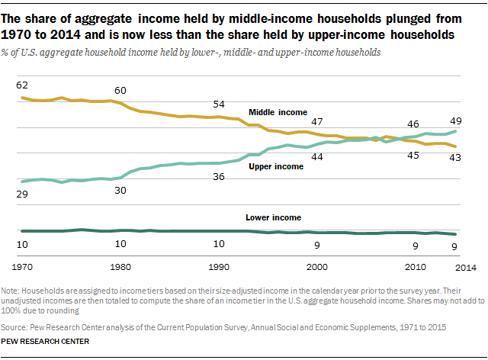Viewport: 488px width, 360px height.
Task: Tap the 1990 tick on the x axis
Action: pyautogui.click(x=219, y=267)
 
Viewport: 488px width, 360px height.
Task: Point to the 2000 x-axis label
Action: pyautogui.click(x=316, y=267)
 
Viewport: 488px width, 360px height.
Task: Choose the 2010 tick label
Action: pyautogui.click(x=415, y=267)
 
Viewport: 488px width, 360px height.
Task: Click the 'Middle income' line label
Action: pyautogui.click(x=278, y=112)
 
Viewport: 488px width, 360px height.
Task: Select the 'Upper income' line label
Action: pyautogui.click(x=276, y=166)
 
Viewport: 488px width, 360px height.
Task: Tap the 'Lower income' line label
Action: pyautogui.click(x=273, y=217)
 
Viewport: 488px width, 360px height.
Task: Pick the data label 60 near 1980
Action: pyautogui.click(x=120, y=90)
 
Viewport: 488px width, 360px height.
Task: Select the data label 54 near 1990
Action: pyautogui.click(x=219, y=104)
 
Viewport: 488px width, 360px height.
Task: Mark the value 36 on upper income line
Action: pyautogui.click(x=219, y=177)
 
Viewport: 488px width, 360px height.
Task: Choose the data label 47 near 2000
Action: pyautogui.click(x=316, y=122)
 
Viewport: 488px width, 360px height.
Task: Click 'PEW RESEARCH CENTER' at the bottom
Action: pyautogui.click(x=46, y=341)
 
